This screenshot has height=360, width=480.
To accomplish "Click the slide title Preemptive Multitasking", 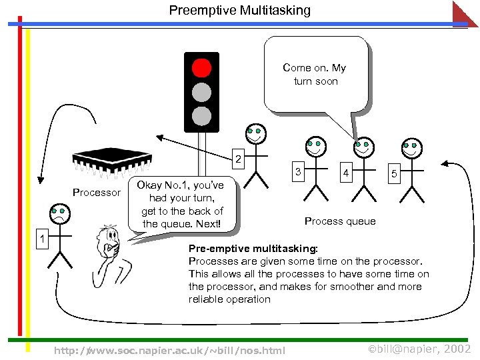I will [239, 10].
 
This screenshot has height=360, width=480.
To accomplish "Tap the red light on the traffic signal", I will [201, 68].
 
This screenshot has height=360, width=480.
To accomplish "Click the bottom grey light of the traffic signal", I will [201, 116].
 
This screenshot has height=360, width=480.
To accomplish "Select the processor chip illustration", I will [111, 161].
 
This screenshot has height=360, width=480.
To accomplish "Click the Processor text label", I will [97, 193].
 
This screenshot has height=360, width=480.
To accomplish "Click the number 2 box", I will [237, 160].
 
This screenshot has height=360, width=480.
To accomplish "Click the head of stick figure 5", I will [411, 148].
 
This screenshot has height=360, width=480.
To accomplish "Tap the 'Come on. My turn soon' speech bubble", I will [315, 74].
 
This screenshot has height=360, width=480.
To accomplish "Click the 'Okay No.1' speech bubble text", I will [181, 204].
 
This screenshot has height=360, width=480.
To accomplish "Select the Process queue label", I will [340, 221].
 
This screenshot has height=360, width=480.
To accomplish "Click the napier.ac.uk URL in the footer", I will [169, 350].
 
